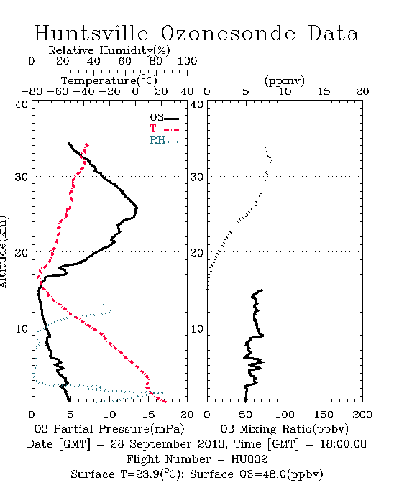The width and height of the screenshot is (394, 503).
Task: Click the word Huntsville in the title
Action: point(91,33)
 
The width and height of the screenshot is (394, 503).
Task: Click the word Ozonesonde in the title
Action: point(227,33)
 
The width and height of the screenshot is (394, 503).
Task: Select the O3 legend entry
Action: point(164,118)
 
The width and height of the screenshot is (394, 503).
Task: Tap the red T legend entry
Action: point(164,129)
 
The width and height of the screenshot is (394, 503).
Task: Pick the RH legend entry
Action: point(164,140)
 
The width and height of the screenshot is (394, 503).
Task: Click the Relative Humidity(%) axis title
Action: point(109,50)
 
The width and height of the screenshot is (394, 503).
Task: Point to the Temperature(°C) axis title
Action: point(109,80)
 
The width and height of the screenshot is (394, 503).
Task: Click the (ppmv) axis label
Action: point(285,80)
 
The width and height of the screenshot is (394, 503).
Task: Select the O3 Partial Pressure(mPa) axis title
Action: point(109,429)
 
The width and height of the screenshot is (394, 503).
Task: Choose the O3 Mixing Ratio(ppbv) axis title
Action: point(284,429)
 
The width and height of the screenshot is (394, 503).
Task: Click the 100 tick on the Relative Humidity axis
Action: point(187,61)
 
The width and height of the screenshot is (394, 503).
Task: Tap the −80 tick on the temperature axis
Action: point(32,92)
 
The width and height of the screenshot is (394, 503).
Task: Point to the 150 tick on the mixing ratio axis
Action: point(324,415)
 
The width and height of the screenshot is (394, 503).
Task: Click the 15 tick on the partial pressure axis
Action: point(148,415)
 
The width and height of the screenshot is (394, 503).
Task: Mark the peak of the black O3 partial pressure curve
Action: point(137,208)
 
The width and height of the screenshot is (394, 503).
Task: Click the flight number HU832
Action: point(249,459)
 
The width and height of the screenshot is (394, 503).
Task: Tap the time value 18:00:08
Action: point(343,444)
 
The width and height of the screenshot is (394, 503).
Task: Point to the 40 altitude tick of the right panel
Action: point(197,104)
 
